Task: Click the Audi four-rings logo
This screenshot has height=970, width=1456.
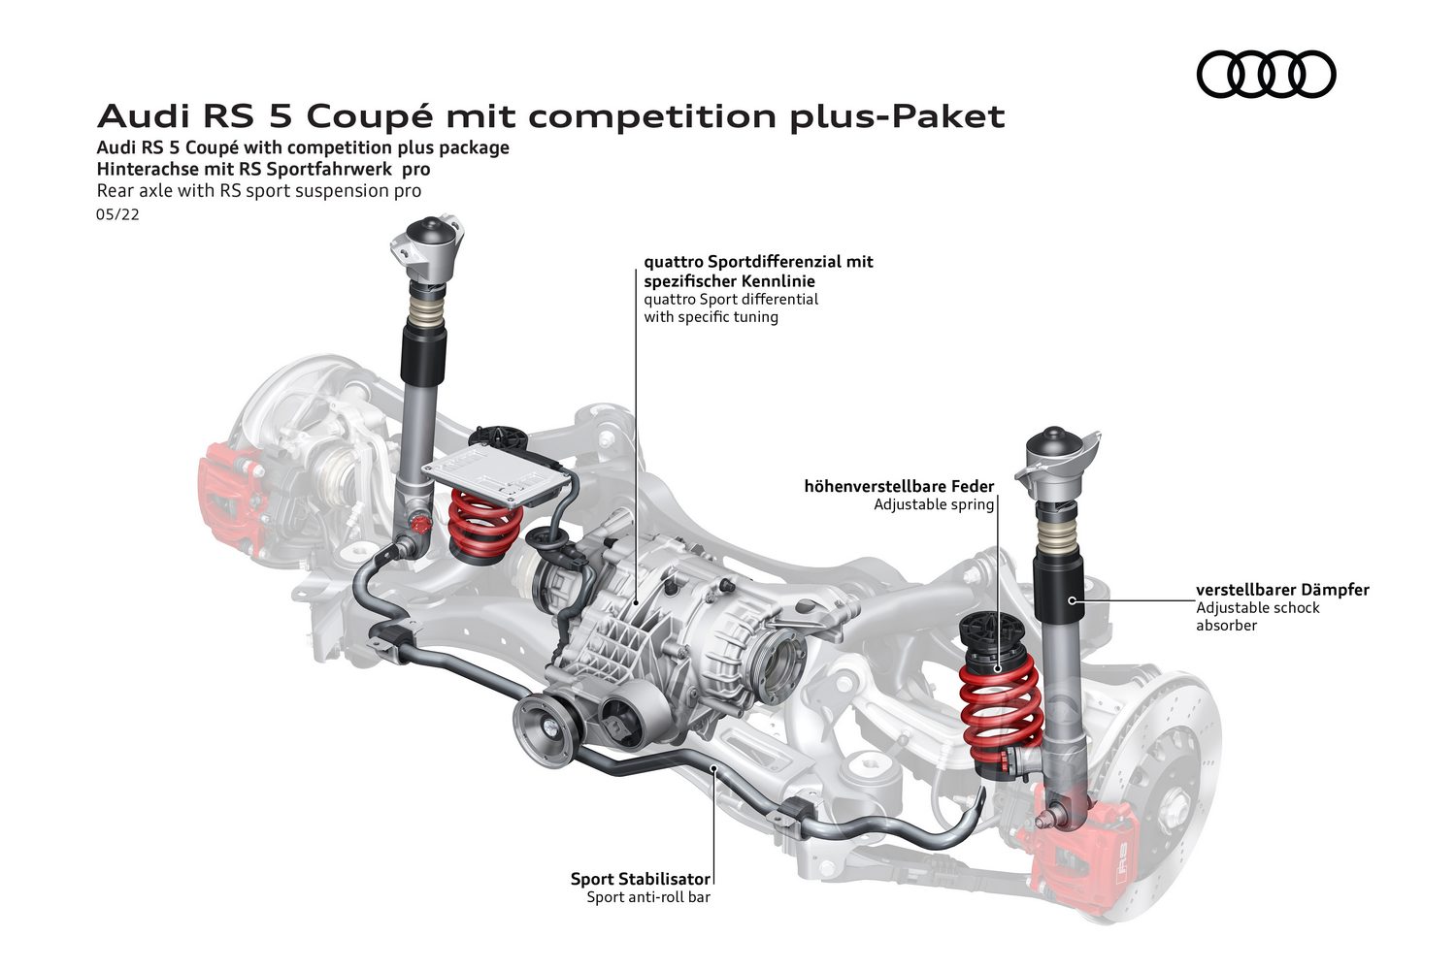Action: [x=1266, y=75]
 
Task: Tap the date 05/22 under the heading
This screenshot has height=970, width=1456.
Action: [x=117, y=214]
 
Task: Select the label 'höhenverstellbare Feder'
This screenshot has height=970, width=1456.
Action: [x=899, y=486]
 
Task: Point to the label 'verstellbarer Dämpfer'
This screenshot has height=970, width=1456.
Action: [x=1282, y=590]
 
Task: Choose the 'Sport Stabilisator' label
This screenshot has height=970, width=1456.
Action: [x=641, y=879]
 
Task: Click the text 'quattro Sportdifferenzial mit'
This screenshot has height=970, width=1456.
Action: [x=758, y=262]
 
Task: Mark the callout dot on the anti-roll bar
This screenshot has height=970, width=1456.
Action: [x=713, y=768]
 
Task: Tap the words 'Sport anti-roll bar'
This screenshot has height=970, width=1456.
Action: [x=648, y=897]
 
